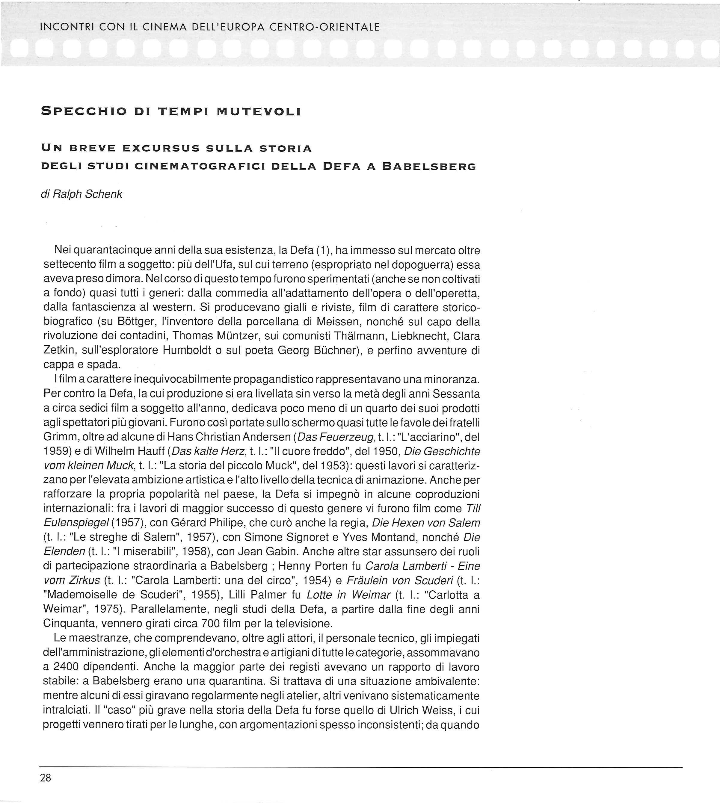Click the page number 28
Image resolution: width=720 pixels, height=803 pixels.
46,778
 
